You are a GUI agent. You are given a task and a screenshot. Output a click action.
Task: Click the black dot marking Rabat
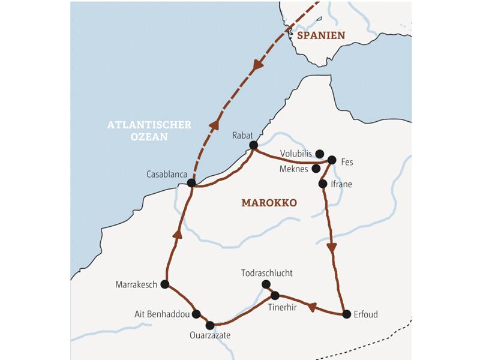(253, 145)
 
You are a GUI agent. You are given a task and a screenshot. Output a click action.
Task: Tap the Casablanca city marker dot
(191, 183)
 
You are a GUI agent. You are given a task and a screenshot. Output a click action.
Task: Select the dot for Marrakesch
(164, 284)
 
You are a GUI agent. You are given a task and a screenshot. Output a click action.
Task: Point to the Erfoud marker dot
(346, 314)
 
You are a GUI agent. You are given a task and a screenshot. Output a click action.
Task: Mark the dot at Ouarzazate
(210, 325)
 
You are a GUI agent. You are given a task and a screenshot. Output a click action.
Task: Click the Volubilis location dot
(320, 154)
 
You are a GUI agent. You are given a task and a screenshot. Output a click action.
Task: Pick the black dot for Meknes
(316, 169)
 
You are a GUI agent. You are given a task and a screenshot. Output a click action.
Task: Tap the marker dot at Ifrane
(323, 184)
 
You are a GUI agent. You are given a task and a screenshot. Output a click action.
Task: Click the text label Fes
(347, 161)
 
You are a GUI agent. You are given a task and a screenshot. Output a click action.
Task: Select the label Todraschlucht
(266, 272)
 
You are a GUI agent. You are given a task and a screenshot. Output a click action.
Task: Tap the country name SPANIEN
(321, 35)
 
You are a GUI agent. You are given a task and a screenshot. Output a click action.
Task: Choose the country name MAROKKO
(269, 203)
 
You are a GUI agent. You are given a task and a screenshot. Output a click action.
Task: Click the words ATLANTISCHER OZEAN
(149, 131)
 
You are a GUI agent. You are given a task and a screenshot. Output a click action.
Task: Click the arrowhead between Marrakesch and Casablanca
(177, 234)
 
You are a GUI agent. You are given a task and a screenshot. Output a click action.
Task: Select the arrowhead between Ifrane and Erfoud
(331, 247)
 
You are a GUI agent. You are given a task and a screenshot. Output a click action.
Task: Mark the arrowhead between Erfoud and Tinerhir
(311, 307)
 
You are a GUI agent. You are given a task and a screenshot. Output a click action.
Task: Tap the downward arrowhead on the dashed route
(259, 65)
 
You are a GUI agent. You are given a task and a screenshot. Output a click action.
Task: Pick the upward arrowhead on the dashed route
(213, 124)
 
